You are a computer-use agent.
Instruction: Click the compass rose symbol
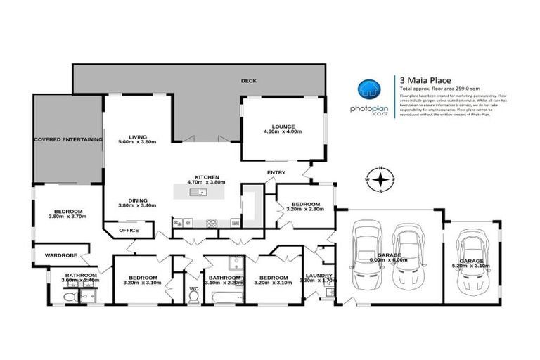pos(381,179)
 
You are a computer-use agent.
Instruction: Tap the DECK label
pos(249,81)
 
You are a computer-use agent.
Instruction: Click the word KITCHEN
pos(208,176)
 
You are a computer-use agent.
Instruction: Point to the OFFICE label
pos(129,231)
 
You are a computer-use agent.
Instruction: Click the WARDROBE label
pos(60,255)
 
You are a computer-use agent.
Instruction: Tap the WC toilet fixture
pos(193,296)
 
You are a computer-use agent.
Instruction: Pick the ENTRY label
pos(276,172)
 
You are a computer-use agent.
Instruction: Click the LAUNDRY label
pos(319,275)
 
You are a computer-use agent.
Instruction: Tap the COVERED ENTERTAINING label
pos(68,139)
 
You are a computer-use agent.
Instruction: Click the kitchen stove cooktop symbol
pos(211,224)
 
